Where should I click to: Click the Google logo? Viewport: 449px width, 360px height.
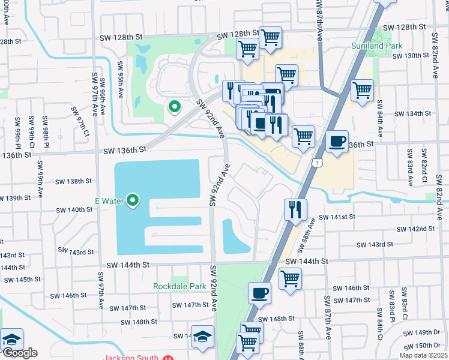[x=19, y=353]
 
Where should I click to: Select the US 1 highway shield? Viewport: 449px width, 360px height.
[x=315, y=163]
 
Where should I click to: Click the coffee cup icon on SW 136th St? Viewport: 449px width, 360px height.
[x=337, y=142]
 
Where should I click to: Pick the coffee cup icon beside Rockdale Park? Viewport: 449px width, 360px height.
[x=259, y=293]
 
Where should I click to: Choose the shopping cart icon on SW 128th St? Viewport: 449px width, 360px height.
[x=271, y=37]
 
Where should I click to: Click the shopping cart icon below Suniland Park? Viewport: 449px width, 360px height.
[x=362, y=91]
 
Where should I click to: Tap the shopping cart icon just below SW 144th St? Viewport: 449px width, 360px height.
[x=290, y=278]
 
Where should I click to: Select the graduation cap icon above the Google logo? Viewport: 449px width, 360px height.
[x=11, y=339]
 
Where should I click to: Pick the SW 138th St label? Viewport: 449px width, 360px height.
[x=73, y=181]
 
